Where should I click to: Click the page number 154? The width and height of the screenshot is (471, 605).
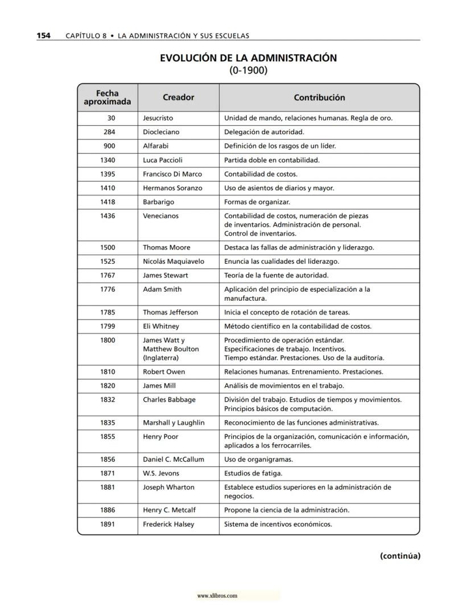[x=43, y=36]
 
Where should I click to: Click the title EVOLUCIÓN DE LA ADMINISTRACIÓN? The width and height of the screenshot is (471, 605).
[x=248, y=59]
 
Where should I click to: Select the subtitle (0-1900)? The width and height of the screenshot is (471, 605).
[x=248, y=71]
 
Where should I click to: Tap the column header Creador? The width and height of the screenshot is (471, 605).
[x=178, y=97]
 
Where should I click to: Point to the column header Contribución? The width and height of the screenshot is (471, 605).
[x=319, y=97]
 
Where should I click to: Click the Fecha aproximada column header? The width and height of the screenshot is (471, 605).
[x=107, y=97]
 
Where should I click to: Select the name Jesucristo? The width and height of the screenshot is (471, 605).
[x=158, y=118]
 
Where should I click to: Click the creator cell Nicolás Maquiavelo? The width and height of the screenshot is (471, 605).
[x=173, y=262]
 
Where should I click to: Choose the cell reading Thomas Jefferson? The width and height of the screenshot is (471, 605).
[x=171, y=312]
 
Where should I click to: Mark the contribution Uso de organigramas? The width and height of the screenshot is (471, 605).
[x=259, y=459]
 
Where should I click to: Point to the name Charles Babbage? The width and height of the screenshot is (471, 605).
[x=169, y=400]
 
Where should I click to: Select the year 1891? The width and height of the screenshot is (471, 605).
[x=107, y=524]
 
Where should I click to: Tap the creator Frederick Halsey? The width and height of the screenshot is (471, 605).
[x=168, y=524]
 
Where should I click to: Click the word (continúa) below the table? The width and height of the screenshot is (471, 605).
[x=400, y=556]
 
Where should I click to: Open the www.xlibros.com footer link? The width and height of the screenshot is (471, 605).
[x=217, y=596]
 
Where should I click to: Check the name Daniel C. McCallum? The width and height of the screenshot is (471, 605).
[x=173, y=459]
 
